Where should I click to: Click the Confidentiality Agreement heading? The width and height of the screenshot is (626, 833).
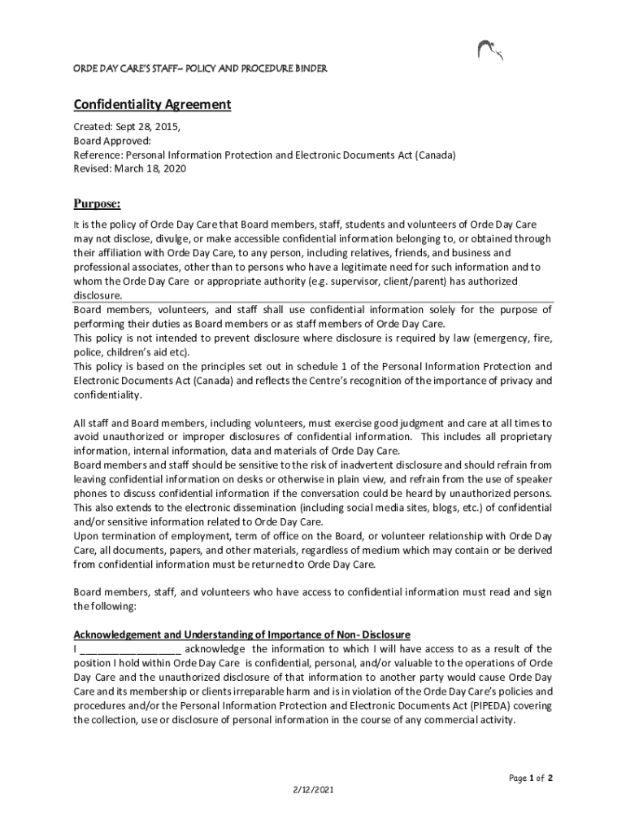coord(153,105)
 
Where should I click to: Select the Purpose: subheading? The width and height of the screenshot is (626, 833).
coord(97,203)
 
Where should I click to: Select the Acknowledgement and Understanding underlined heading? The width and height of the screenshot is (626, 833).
coord(242,635)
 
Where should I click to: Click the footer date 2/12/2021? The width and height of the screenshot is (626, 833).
coord(313,790)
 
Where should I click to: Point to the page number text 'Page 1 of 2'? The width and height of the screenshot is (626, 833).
coord(531,778)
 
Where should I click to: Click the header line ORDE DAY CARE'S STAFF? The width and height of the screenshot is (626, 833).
coord(201,69)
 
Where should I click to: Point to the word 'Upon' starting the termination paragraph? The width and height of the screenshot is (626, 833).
coord(85,536)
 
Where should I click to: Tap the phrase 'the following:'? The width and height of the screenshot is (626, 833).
coord(106,606)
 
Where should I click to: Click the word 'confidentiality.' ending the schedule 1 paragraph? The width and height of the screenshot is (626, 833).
coord(107,395)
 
